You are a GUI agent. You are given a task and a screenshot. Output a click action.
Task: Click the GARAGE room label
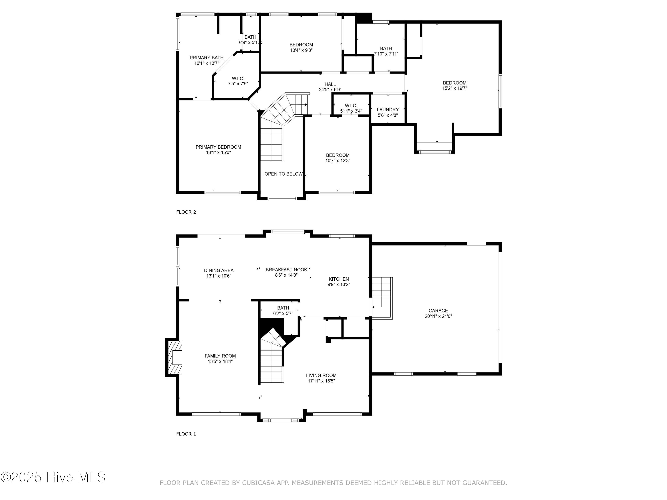438,311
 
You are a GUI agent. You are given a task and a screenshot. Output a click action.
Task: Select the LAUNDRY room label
388,110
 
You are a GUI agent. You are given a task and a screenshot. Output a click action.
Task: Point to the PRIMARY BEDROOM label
218,147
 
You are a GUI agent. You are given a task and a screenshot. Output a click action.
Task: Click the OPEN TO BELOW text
283,174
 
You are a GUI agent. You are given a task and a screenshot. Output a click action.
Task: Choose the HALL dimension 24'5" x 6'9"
330,90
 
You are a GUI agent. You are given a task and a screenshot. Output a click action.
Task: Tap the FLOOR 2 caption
186,212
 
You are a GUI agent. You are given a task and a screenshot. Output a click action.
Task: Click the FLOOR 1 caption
186,434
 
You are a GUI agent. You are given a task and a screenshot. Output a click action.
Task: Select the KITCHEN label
339,279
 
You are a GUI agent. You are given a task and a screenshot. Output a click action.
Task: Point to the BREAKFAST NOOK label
286,270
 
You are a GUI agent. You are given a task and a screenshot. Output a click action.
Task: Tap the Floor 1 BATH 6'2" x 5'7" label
283,310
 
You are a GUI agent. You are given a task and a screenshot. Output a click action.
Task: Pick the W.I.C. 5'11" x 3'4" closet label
351,108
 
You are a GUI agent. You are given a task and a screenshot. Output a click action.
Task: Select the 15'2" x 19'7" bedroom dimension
454,88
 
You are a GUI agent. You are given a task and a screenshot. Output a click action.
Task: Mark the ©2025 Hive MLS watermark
53,477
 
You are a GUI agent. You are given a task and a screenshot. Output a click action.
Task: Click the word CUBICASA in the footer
258,483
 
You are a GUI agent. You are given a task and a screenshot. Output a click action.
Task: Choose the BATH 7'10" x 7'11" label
386,51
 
